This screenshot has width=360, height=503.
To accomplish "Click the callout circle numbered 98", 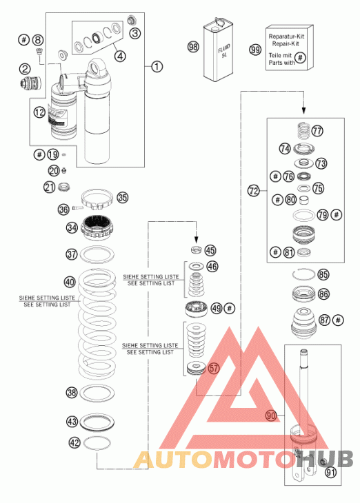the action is [193, 47].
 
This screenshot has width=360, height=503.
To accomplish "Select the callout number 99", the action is [255, 50].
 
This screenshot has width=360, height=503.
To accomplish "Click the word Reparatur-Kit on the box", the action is [286, 37].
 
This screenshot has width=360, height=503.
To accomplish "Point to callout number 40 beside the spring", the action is [70, 282].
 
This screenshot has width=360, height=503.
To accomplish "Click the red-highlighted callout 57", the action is [214, 368].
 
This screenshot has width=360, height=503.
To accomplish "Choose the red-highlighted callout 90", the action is [271, 415].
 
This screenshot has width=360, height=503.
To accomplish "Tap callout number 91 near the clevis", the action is [331, 472].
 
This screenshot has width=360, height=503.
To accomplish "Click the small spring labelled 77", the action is [303, 130].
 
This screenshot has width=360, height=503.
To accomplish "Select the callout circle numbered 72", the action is [253, 191].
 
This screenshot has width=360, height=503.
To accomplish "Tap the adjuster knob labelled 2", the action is [30, 83].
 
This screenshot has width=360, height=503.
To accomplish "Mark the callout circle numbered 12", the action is [39, 112].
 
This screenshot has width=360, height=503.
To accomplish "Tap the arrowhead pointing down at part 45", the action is [197, 239].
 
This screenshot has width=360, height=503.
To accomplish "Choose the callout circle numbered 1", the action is [157, 67].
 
